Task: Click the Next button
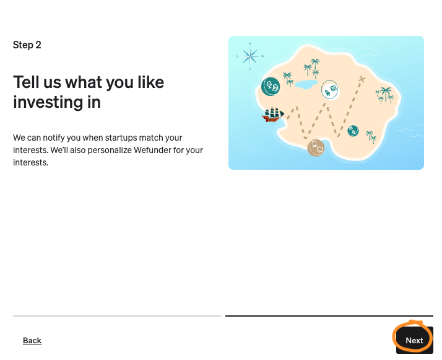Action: tap(414, 340)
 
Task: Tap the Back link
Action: tap(32, 341)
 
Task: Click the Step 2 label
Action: tap(27, 45)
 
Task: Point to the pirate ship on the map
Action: tap(273, 115)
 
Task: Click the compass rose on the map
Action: tap(250, 56)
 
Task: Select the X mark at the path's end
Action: tap(362, 79)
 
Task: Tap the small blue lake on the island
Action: tap(306, 84)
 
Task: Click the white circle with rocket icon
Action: tap(330, 90)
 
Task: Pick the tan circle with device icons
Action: tap(316, 147)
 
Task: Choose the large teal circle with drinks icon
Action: tap(271, 86)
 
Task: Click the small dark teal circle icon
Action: tap(353, 131)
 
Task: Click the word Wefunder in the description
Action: tap(152, 150)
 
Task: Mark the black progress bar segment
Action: tap(329, 316)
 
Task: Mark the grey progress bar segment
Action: tap(117, 316)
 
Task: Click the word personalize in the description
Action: tap(109, 151)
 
